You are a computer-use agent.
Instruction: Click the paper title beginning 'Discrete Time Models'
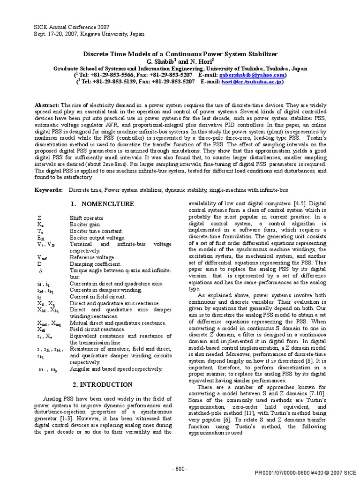[180, 54]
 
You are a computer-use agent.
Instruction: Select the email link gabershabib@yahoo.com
[258, 75]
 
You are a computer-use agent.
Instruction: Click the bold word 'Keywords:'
[49, 190]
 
